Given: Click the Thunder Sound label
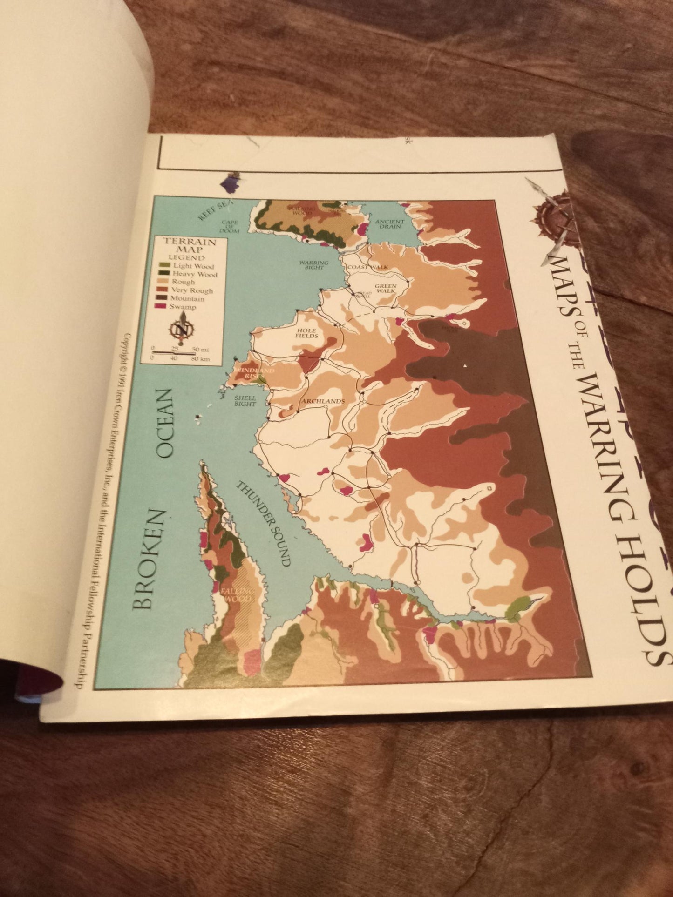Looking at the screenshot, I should [263, 523].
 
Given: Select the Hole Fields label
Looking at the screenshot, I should [306, 332].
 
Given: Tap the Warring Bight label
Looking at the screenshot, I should [313, 265].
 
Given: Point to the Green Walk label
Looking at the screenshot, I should [386, 289].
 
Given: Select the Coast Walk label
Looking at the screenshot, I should [367, 267].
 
